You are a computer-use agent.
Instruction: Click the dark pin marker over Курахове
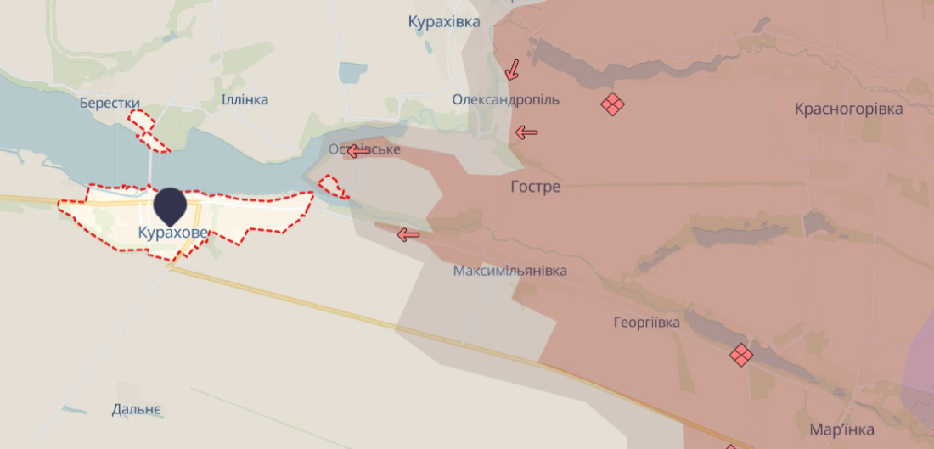[171, 205]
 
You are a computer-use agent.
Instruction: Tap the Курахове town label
[172, 232]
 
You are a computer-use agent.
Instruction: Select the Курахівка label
[443, 22]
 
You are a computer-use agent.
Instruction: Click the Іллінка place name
[245, 100]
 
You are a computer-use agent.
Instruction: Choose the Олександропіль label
[505, 100]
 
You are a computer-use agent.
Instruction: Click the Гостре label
[536, 187]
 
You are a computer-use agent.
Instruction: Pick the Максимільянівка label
[509, 272]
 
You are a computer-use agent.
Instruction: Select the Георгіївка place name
[647, 323]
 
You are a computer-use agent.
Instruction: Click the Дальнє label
[136, 410]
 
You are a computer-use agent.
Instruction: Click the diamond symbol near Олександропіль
[612, 104]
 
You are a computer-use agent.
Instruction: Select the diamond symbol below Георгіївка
[741, 354]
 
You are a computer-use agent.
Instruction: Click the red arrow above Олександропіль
[512, 70]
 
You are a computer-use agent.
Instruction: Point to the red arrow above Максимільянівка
[408, 234]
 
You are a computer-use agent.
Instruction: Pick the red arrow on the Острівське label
[357, 152]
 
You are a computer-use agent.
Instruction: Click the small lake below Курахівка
[352, 73]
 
